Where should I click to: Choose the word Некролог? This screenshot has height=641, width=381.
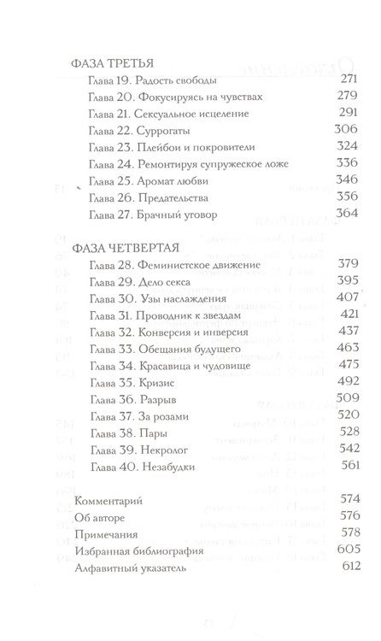162,447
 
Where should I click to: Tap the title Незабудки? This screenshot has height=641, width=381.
167,464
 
